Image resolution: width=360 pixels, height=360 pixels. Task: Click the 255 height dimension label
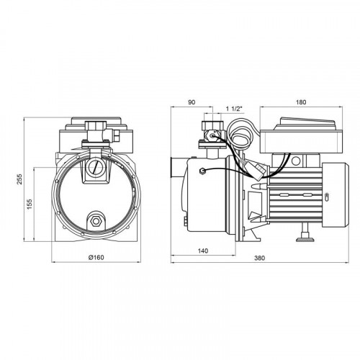pos(20,179)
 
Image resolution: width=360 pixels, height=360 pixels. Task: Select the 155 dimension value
pos(30,204)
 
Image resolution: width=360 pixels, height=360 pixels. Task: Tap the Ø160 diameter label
pos(96,258)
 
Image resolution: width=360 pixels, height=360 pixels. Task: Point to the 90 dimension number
pos(192,102)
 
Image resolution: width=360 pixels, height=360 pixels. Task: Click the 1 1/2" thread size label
pos(233,109)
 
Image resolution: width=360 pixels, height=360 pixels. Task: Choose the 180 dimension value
pos(301,102)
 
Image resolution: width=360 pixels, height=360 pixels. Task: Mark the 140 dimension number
pos(203,251)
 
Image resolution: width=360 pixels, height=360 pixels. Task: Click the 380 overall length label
pos(259,258)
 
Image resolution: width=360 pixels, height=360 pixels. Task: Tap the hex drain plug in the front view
pos(96,221)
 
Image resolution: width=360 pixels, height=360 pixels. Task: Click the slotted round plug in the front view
pos(94,167)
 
